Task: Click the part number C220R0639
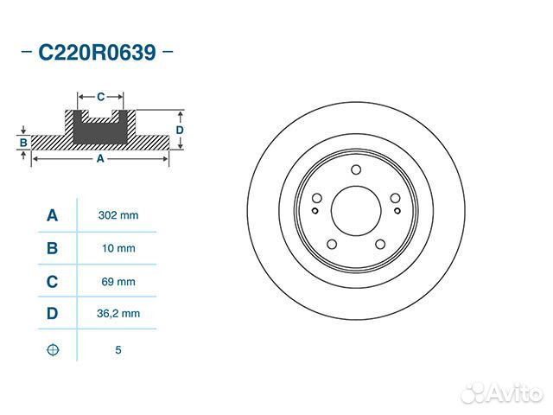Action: (x=97, y=53)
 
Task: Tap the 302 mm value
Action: (x=118, y=215)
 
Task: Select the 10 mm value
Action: (x=118, y=248)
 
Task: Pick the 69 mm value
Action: (x=118, y=282)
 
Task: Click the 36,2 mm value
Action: (x=118, y=313)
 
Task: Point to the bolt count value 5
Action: (x=118, y=349)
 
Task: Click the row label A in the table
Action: (x=52, y=215)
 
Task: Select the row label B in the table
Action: (x=52, y=248)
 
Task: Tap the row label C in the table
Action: (x=52, y=282)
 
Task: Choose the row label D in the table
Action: (x=52, y=313)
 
